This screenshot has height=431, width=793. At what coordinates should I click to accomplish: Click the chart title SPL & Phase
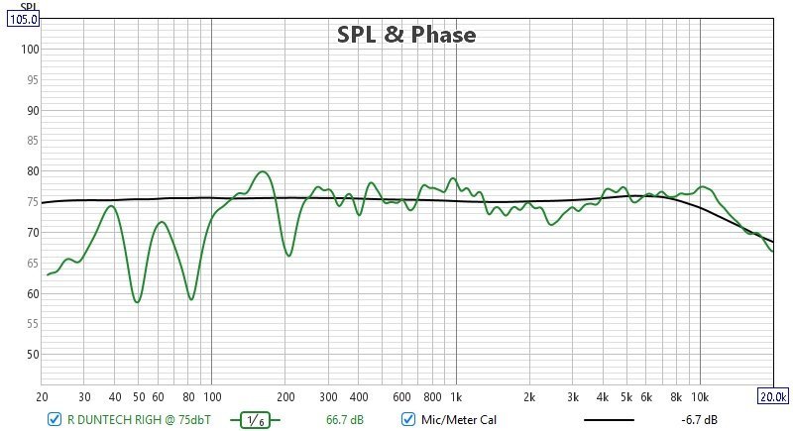pyautogui.click(x=406, y=35)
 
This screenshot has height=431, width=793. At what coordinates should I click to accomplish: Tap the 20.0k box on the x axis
pyautogui.click(x=773, y=397)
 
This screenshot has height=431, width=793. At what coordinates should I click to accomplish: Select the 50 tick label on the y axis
pyautogui.click(x=32, y=355)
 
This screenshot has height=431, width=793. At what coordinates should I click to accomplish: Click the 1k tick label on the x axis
pyautogui.click(x=456, y=397)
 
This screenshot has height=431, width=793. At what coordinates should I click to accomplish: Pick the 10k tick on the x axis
pyautogui.click(x=700, y=397)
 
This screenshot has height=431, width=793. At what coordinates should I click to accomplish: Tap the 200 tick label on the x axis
pyautogui.click(x=285, y=397)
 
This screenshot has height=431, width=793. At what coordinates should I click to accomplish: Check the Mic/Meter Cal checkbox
pyautogui.click(x=407, y=420)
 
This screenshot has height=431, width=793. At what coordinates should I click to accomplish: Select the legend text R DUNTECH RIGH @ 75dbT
pyautogui.click(x=138, y=420)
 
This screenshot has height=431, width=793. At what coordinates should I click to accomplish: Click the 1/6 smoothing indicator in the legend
pyautogui.click(x=255, y=420)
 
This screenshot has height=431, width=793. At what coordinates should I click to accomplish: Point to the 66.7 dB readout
pyautogui.click(x=345, y=420)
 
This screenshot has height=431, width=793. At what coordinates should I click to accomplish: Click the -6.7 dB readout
pyautogui.click(x=699, y=420)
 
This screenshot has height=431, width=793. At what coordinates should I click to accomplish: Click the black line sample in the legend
pyautogui.click(x=609, y=420)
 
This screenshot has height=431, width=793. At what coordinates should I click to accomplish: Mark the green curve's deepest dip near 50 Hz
pyautogui.click(x=137, y=301)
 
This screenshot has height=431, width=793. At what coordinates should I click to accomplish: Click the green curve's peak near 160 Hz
pyautogui.click(x=263, y=172)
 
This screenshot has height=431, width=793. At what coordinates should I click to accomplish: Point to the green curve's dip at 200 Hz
pyautogui.click(x=288, y=256)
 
